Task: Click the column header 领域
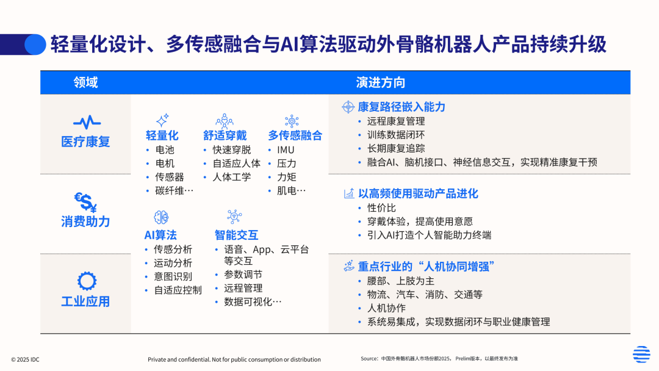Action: pyautogui.click(x=86, y=82)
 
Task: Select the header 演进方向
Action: pyautogui.click(x=380, y=82)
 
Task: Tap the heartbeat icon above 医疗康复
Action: pyautogui.click(x=87, y=122)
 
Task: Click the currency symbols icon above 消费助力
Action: pyautogui.click(x=86, y=202)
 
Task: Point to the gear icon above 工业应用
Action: pyautogui.click(x=87, y=281)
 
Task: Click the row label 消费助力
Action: pyautogui.click(x=85, y=222)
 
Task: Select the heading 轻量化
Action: pyautogui.click(x=162, y=135)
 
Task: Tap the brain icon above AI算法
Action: pyautogui.click(x=161, y=217)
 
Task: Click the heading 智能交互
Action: pyautogui.click(x=236, y=235)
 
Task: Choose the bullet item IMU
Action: pyautogui.click(x=286, y=149)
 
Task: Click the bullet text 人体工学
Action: pyautogui.click(x=232, y=177)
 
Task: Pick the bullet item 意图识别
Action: pyautogui.click(x=173, y=276)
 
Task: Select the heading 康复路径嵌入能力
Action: pyautogui.click(x=402, y=107)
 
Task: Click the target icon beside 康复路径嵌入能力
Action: pyautogui.click(x=348, y=107)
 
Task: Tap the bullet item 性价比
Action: pyautogui.click(x=381, y=208)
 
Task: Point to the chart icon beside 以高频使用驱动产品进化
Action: pyautogui.click(x=349, y=193)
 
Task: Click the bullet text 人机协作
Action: pyautogui.click(x=387, y=308)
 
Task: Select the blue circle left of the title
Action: pyautogui.click(x=35, y=45)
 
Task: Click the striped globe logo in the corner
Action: pyautogui.click(x=641, y=354)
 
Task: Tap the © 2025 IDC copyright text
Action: pyautogui.click(x=25, y=359)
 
